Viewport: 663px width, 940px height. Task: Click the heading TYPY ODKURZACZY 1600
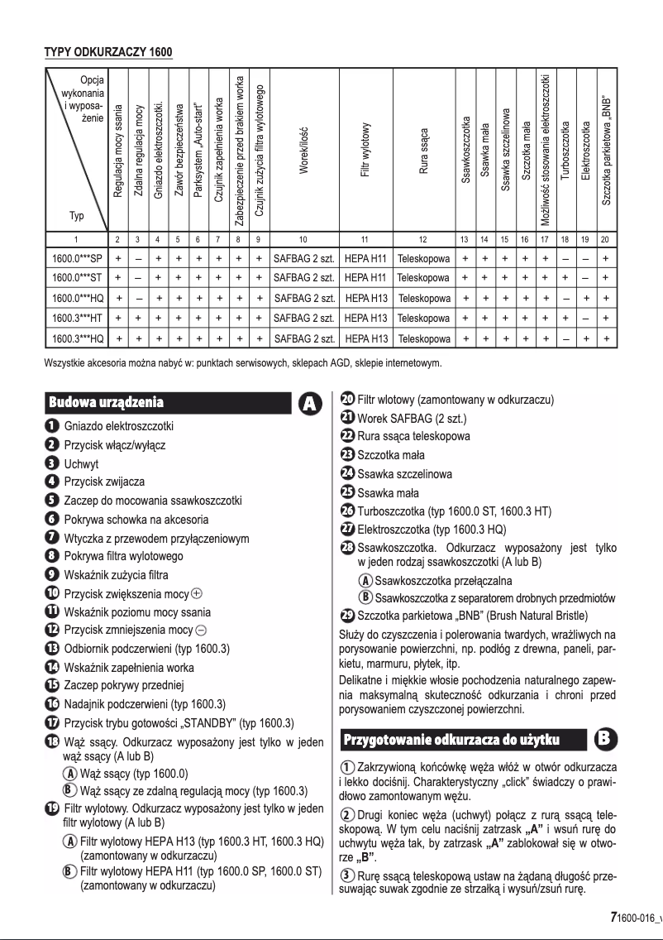tap(107, 53)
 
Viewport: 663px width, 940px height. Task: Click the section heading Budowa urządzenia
tap(107, 403)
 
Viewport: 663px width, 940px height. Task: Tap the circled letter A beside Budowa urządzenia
tap(309, 403)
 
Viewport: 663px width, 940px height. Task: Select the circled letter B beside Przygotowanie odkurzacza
tap(605, 714)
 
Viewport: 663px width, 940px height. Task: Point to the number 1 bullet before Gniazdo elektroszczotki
tap(51, 426)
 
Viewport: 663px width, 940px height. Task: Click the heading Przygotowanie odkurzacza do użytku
tap(452, 714)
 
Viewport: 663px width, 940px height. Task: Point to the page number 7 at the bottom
tap(613, 917)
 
